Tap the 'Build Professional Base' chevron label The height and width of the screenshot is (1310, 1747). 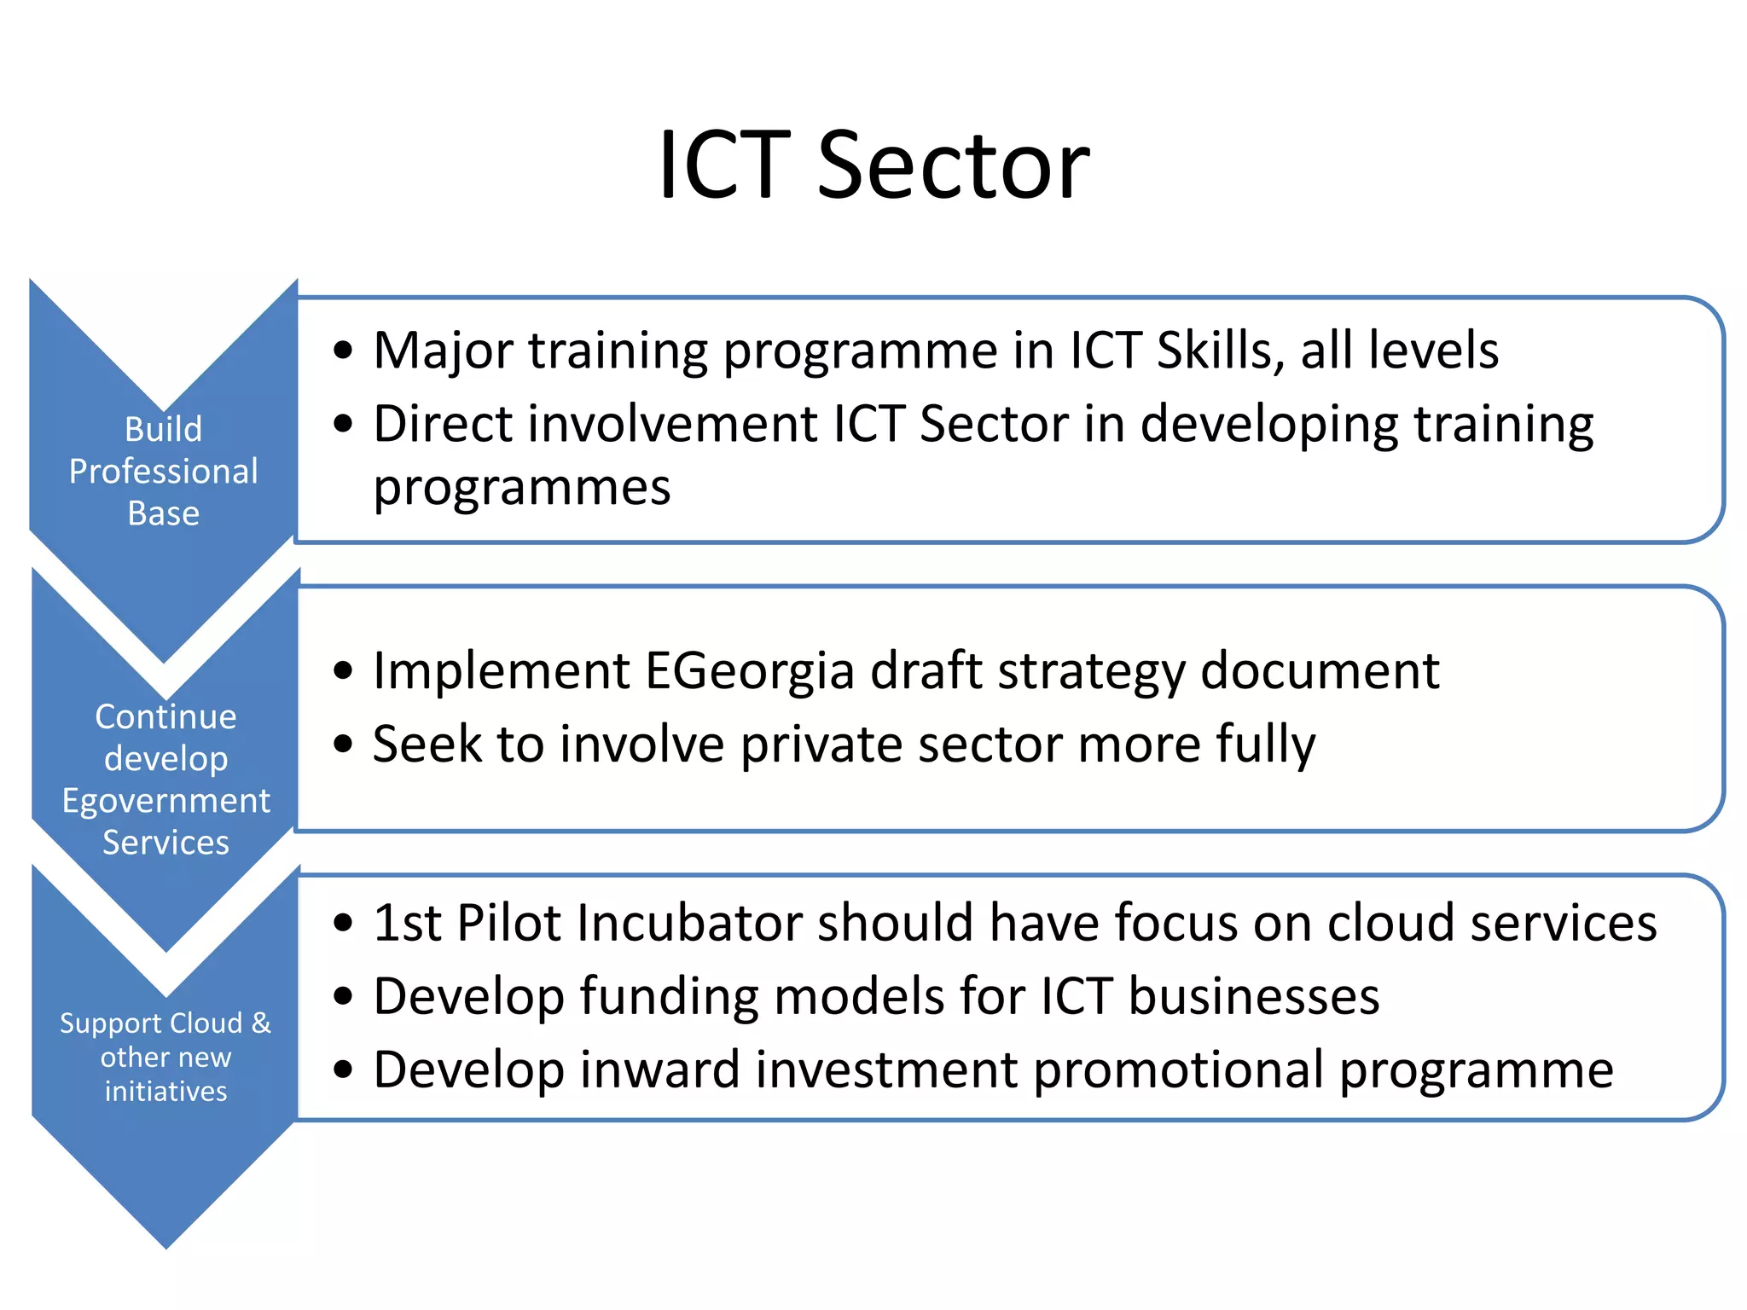[164, 471]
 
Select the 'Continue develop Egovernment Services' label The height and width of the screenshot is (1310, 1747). [165, 779]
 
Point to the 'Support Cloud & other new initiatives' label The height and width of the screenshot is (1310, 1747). [165, 1057]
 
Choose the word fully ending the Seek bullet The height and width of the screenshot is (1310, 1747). [1265, 745]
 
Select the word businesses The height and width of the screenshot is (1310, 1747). [1253, 996]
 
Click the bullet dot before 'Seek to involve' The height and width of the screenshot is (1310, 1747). [343, 744]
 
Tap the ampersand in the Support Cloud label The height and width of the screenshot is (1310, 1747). [261, 1023]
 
